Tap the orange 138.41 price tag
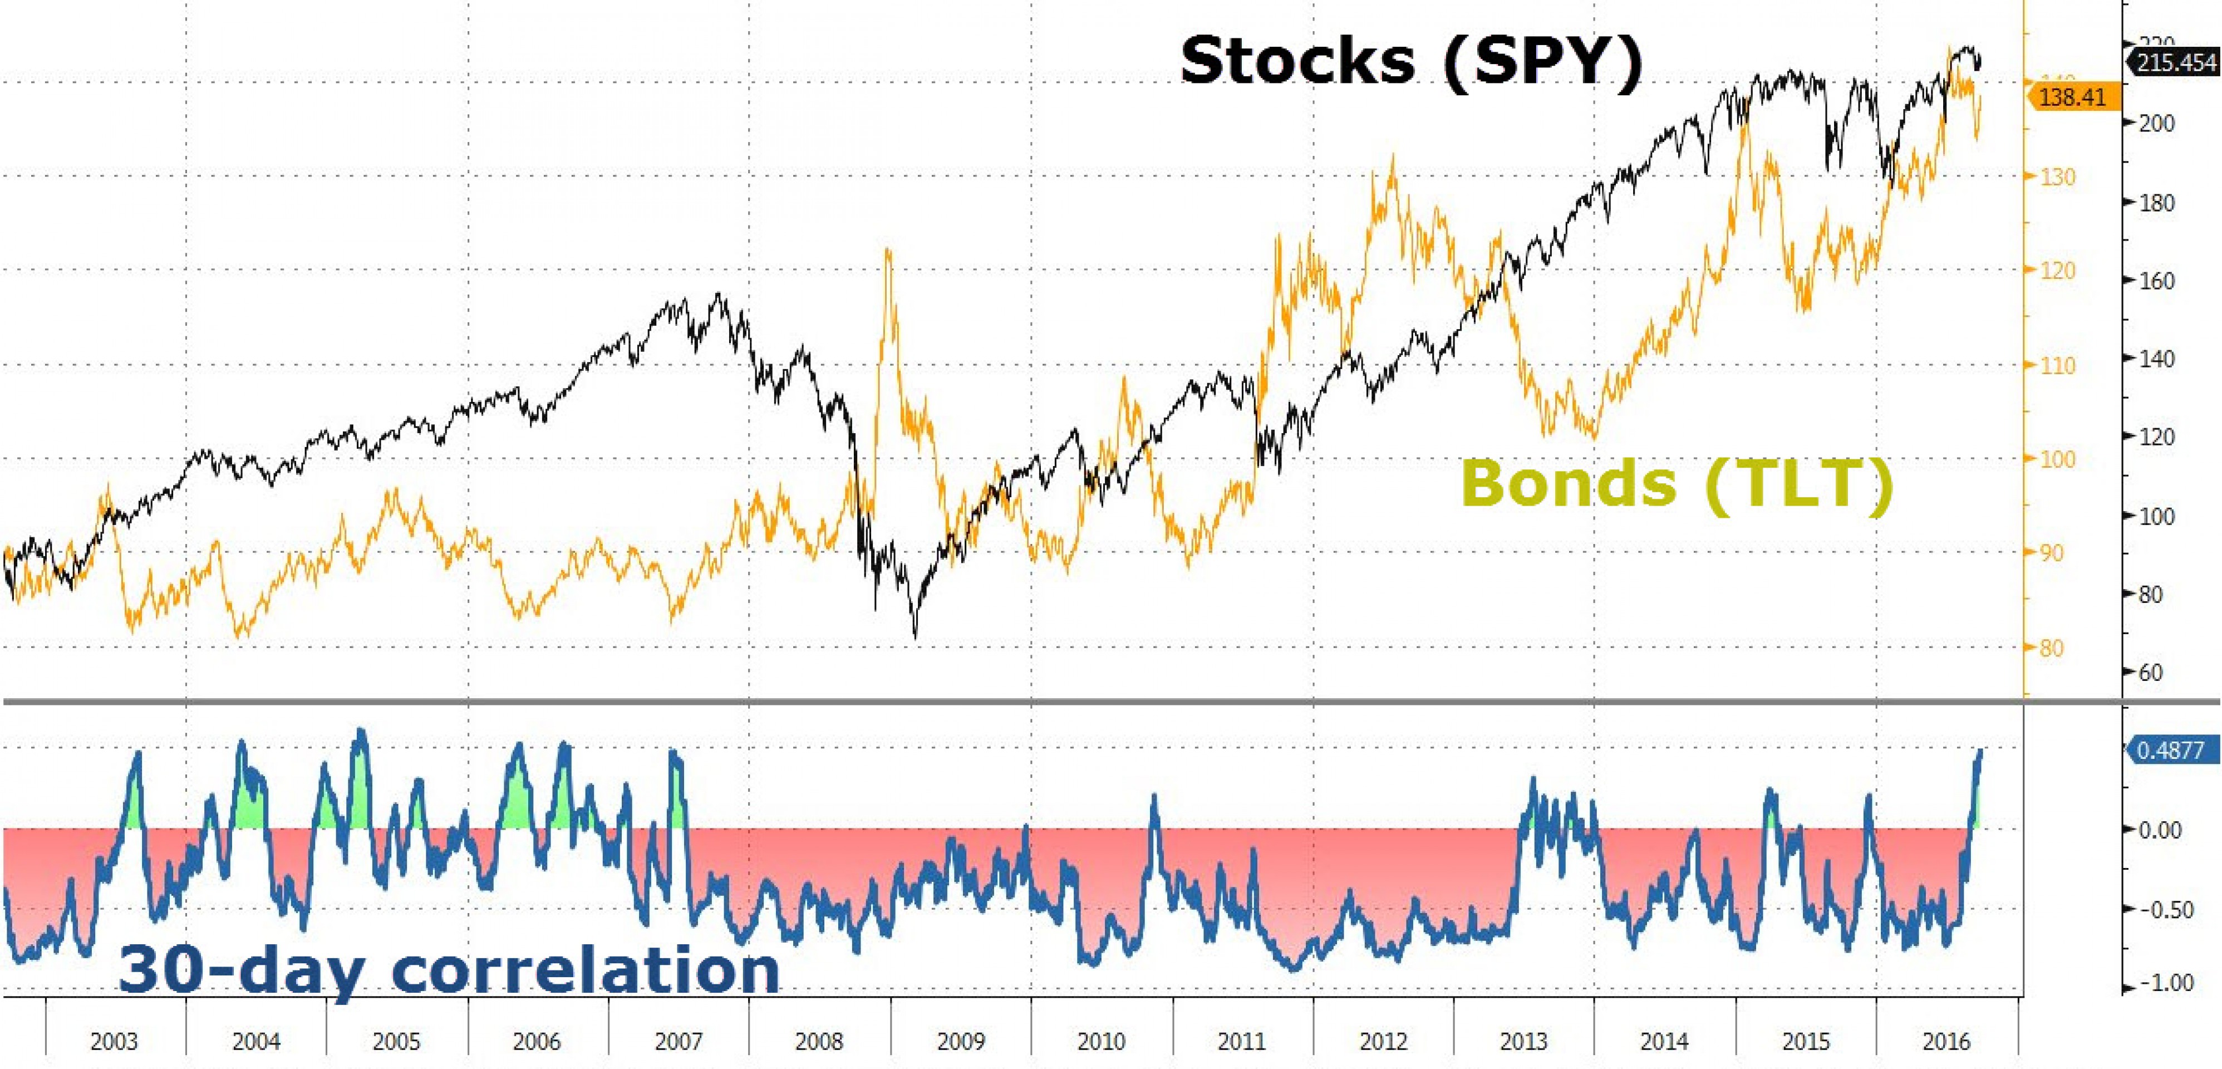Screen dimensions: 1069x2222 click(2070, 97)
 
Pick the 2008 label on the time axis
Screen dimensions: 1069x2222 click(819, 1041)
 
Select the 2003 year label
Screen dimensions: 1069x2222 click(114, 1041)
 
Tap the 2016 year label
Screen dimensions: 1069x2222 click(1946, 1041)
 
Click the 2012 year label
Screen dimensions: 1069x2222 click(1383, 1041)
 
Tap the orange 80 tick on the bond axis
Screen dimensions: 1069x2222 click(2051, 648)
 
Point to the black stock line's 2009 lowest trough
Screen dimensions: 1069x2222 click(915, 637)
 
